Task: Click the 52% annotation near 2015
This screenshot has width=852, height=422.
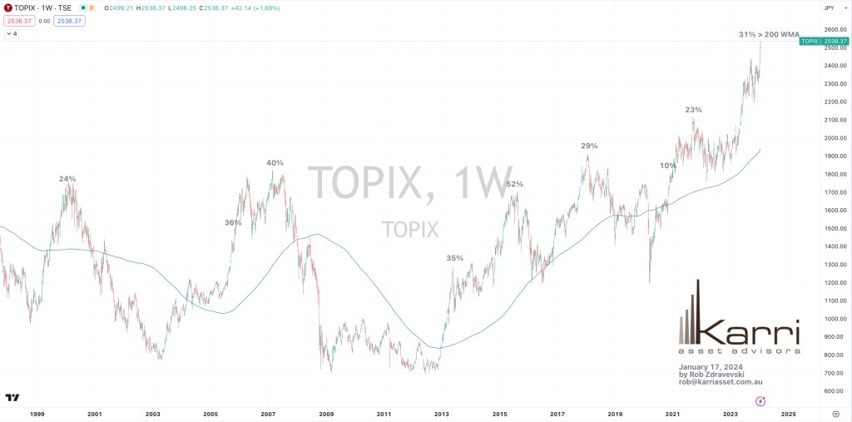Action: point(514,184)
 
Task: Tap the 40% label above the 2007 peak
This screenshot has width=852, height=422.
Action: point(275,162)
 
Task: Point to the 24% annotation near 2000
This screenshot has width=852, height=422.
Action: point(67,179)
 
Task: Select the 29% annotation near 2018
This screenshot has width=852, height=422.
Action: point(589,146)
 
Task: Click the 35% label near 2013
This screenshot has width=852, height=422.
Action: point(454,258)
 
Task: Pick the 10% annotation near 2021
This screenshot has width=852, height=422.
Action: point(668,166)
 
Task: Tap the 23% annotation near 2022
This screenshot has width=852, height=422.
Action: point(693,110)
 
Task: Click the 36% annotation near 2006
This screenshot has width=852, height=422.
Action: point(233,222)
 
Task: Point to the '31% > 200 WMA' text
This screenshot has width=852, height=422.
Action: point(769,35)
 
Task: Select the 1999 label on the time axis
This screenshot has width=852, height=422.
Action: point(37,413)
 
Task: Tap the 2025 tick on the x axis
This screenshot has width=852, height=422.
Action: point(789,413)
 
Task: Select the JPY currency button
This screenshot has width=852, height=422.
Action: point(829,7)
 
